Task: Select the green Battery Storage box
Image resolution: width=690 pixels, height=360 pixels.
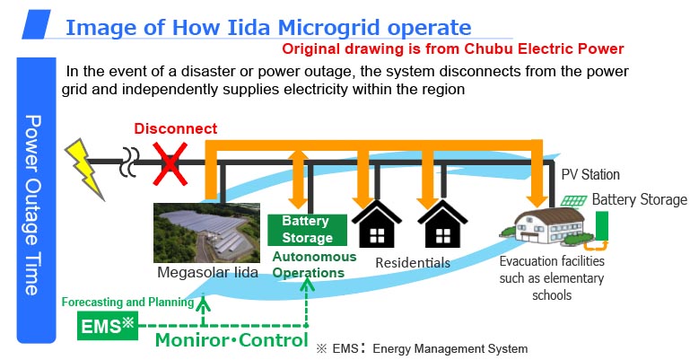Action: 306,229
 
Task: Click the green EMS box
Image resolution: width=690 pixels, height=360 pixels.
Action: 107,325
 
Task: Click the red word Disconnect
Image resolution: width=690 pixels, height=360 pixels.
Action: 175,129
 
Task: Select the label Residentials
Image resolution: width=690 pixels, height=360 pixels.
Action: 413,263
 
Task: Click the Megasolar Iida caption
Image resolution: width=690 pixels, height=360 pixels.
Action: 210,272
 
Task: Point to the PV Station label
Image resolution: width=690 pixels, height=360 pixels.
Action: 590,174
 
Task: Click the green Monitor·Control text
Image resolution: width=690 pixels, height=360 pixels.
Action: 229,341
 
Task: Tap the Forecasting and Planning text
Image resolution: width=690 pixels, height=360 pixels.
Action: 127,302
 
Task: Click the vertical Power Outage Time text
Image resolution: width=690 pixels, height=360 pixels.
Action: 32,205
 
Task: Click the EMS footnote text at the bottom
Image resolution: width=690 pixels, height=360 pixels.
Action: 423,348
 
